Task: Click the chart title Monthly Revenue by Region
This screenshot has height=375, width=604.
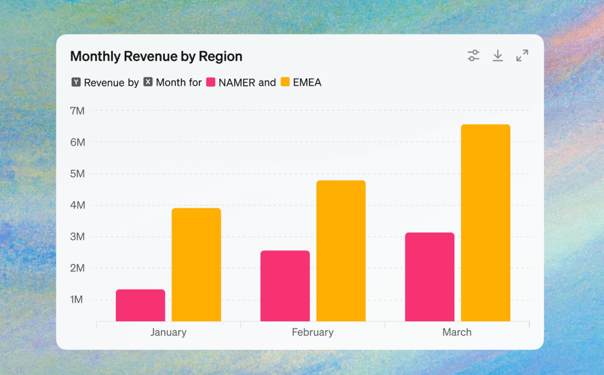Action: [156, 56]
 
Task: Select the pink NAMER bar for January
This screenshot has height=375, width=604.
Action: [140, 305]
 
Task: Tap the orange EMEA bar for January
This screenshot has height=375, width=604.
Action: [196, 264]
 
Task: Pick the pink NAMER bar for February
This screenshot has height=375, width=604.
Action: [285, 286]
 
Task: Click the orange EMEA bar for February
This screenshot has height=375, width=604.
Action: [341, 251]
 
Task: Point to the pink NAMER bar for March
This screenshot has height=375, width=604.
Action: [430, 277]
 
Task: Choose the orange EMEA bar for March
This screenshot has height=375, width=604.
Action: [486, 223]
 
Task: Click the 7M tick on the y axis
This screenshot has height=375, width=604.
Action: [77, 111]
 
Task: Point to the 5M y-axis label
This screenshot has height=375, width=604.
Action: [77, 174]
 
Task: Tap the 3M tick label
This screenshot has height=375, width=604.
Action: [77, 236]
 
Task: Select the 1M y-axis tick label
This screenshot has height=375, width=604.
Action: [76, 299]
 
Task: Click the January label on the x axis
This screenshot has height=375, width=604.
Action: [168, 332]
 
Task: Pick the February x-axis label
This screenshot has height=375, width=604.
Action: [313, 332]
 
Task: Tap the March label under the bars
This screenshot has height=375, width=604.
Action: [457, 332]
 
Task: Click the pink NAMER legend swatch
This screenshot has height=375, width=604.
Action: [211, 82]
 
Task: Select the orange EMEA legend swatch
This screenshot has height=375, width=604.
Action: [285, 82]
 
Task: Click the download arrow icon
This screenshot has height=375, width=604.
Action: [498, 55]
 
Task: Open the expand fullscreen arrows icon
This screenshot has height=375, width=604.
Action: [522, 55]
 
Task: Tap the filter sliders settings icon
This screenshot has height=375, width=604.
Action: [473, 55]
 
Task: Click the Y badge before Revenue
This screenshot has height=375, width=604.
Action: [76, 82]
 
